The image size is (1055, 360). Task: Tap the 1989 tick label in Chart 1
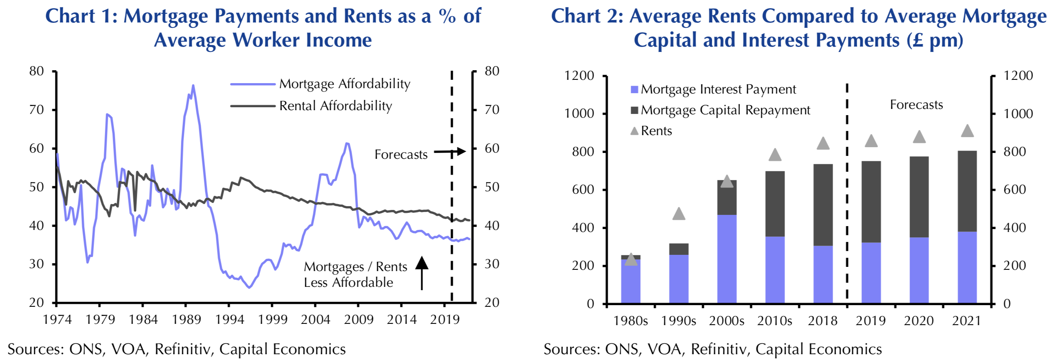[186, 320]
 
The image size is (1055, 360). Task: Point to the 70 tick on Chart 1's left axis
[37, 110]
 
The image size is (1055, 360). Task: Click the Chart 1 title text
[263, 28]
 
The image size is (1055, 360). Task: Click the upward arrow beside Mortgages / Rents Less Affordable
[422, 272]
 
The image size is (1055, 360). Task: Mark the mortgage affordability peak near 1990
[193, 86]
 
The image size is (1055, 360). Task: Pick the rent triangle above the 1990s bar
[678, 214]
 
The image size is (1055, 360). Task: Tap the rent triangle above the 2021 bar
[967, 131]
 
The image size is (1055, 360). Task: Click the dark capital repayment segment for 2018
[823, 205]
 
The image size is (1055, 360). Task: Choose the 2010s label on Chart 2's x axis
[774, 321]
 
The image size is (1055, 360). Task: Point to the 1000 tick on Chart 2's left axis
[579, 113]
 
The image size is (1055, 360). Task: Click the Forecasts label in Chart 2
[916, 105]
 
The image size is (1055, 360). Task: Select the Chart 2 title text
[798, 28]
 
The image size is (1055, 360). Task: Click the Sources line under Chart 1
[177, 349]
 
